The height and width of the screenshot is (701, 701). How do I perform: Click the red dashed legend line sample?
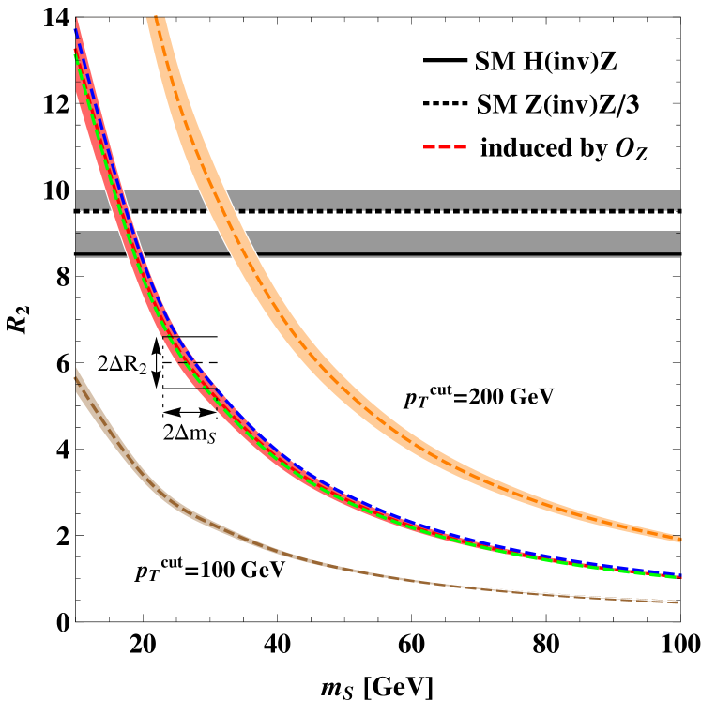click(445, 146)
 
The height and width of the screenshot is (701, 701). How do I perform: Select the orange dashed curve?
click(375, 413)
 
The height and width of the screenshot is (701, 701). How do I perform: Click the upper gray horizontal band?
click(422, 199)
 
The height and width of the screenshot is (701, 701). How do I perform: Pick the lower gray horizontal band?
click(422, 242)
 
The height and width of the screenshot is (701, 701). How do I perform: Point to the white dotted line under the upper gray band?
click(422, 210)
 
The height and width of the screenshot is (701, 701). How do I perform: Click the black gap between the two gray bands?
click(422, 220)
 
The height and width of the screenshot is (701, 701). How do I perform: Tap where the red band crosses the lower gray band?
click(126, 242)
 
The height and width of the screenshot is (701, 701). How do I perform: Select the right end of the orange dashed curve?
click(678, 538)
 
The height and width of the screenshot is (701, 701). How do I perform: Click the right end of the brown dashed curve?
click(678, 602)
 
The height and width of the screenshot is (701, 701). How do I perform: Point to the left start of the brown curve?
click(77, 380)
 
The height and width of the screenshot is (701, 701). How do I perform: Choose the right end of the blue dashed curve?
click(678, 574)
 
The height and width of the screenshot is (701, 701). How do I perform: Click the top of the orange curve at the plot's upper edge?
click(157, 20)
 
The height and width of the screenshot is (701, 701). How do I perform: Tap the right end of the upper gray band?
click(677, 199)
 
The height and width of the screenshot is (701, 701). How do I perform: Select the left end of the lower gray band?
click(79, 242)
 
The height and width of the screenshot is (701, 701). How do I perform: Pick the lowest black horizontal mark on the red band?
click(206, 388)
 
